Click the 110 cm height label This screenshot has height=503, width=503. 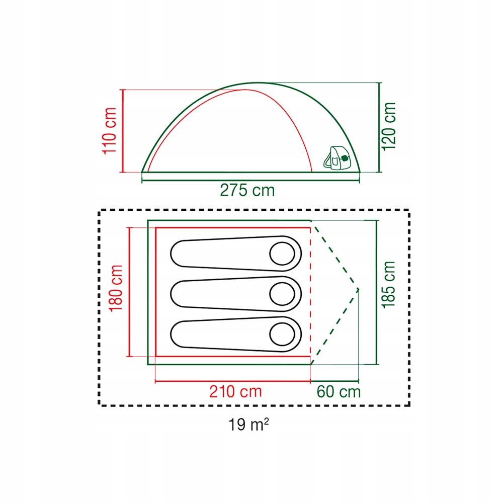coord(109,131)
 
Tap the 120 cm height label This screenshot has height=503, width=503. coord(388,126)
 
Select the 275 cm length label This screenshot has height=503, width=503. coord(247,190)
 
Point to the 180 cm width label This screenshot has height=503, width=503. coord(116,288)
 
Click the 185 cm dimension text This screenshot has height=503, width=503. coord(388,285)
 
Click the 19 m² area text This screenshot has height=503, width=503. coord(248,425)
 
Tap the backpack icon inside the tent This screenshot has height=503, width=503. coord(336,158)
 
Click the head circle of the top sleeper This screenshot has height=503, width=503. coord(282,254)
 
